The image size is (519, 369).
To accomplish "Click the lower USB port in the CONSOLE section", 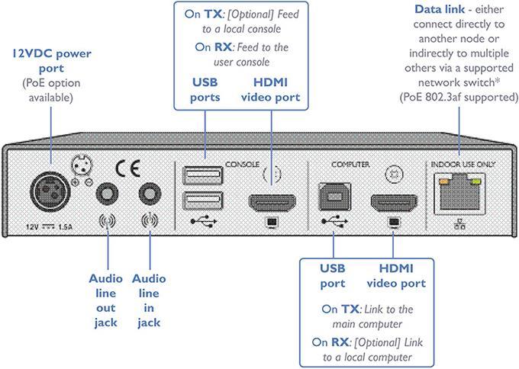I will [202, 202].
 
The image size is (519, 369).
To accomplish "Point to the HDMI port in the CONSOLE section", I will [271, 204].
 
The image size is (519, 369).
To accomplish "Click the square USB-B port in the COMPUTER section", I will [334, 197].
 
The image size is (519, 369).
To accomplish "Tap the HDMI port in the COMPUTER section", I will [394, 204].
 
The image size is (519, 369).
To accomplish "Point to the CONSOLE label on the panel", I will [243, 164].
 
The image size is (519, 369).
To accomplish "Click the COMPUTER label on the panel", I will [350, 164].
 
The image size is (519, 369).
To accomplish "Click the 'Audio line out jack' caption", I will [105, 301].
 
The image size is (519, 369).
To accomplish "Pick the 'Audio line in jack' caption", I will [149, 301].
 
